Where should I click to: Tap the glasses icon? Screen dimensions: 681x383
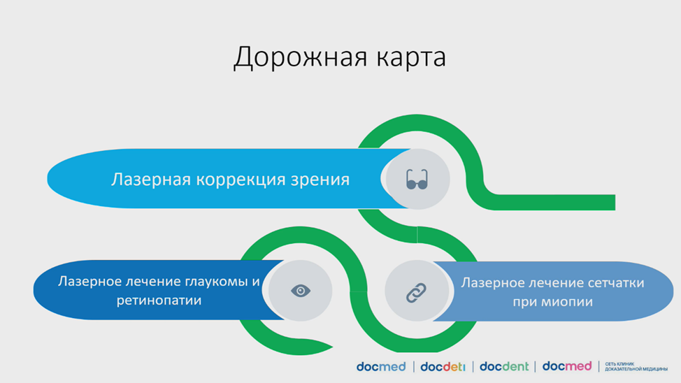click(417, 180)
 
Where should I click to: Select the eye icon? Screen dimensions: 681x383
click(301, 291)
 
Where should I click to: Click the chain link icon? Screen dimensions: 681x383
click(416, 292)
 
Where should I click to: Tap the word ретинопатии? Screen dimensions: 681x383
click(159, 301)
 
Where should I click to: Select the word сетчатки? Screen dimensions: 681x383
click(615, 283)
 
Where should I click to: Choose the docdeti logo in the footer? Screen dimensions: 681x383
click(443, 366)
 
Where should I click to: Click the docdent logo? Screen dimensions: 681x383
click(504, 366)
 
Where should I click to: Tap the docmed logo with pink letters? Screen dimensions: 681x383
click(567, 366)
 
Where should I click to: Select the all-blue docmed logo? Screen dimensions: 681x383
click(381, 366)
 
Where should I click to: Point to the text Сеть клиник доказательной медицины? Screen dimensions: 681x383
click(636, 366)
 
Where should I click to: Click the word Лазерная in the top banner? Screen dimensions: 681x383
click(151, 180)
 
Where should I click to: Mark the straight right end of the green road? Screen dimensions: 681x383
click(615, 203)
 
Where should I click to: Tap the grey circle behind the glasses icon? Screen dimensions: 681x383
click(418, 180)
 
